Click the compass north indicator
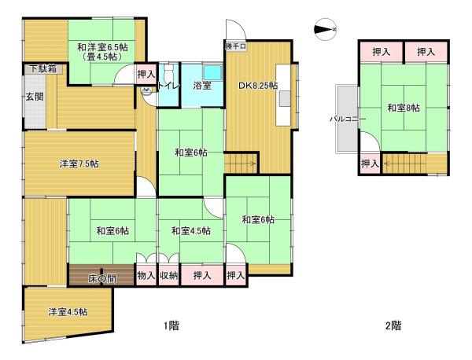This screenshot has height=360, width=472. (x=324, y=30)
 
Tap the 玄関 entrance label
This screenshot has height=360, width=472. (x=34, y=97)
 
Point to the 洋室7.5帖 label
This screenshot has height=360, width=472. (x=79, y=163)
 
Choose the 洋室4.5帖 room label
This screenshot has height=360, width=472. (x=68, y=312)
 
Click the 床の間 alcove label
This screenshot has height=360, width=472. (x=102, y=277)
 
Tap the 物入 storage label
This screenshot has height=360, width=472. (x=146, y=275)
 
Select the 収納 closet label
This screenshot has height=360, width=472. (x=168, y=275)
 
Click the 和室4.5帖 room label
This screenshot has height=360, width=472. (x=190, y=230)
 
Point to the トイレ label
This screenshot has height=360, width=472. (x=170, y=86)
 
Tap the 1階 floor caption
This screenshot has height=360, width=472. (x=171, y=325)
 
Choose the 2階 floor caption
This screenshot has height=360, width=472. (x=393, y=325)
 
